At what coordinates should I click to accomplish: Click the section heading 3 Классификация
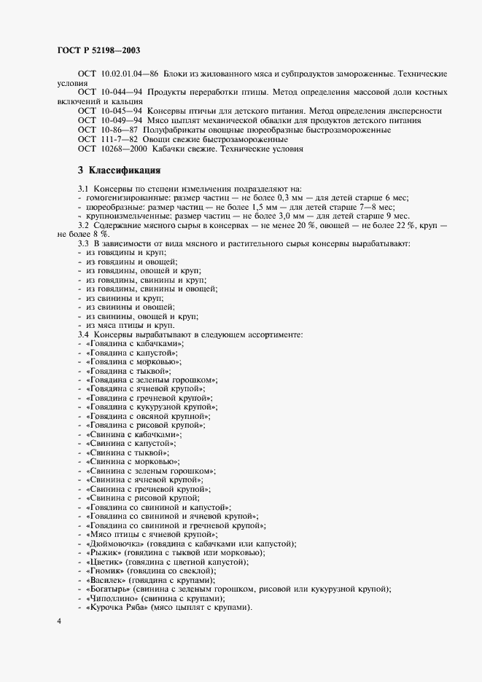[119, 170]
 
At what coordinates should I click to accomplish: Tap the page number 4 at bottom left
[60, 620]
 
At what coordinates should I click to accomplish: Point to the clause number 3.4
[83, 334]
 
